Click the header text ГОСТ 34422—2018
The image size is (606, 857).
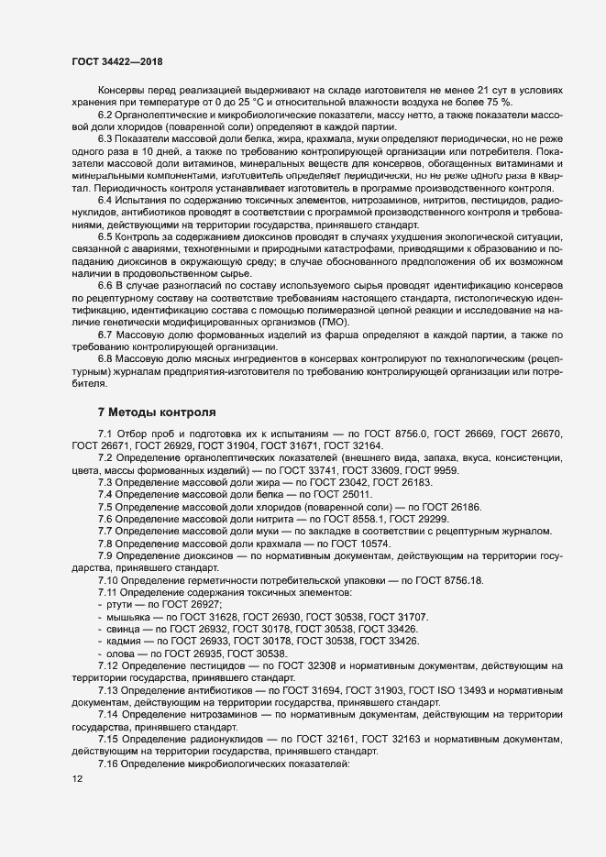[x=117, y=60]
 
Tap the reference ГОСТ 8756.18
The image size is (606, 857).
[x=456, y=581]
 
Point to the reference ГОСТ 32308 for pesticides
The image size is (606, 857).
[x=330, y=665]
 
